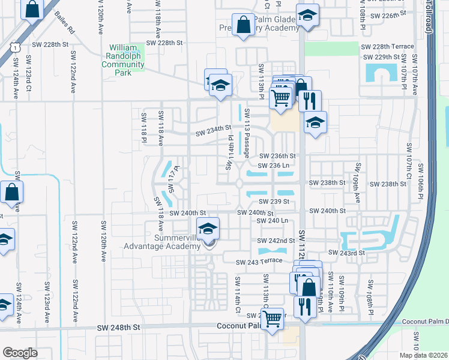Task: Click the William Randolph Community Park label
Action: pyautogui.click(x=124, y=60)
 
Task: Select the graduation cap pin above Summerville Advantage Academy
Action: pyautogui.click(x=208, y=229)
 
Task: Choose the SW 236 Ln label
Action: pyautogui.click(x=273, y=165)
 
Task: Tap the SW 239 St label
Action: pyautogui.click(x=274, y=202)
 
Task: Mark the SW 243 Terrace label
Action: pyautogui.click(x=259, y=262)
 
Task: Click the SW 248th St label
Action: pyautogui.click(x=120, y=328)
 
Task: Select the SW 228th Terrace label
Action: pyautogui.click(x=387, y=46)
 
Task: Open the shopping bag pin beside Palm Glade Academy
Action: pyautogui.click(x=243, y=26)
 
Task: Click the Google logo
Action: pyautogui.click(x=20, y=352)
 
